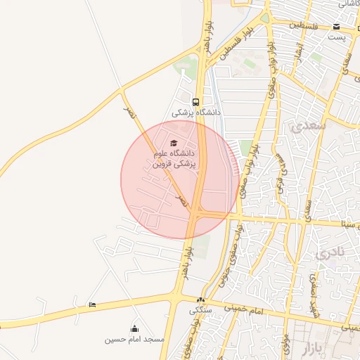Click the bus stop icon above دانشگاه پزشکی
pyautogui.click(x=195, y=100)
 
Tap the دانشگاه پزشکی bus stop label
pyautogui.click(x=197, y=112)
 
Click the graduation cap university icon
pyautogui.click(x=174, y=143)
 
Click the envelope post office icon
pyautogui.click(x=337, y=27)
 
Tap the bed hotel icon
pyautogui.click(x=93, y=304)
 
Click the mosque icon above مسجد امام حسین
pyautogui.click(x=134, y=328)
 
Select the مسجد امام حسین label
pyautogui.click(x=134, y=340)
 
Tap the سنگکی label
pyautogui.click(x=199, y=310)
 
